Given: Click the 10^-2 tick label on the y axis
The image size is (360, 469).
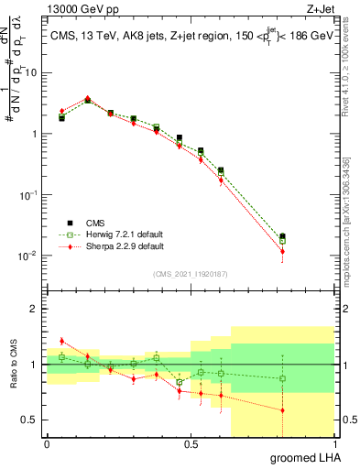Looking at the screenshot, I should [29, 256].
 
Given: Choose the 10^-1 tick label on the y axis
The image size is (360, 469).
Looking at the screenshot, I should [29, 194].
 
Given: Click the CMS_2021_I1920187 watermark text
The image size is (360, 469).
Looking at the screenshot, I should [191, 272].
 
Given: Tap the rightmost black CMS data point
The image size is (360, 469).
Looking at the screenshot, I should [282, 236].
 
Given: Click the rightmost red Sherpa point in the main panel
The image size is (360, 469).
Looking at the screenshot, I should [282, 251].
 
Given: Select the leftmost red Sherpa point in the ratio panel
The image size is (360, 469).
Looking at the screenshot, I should [61, 341].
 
